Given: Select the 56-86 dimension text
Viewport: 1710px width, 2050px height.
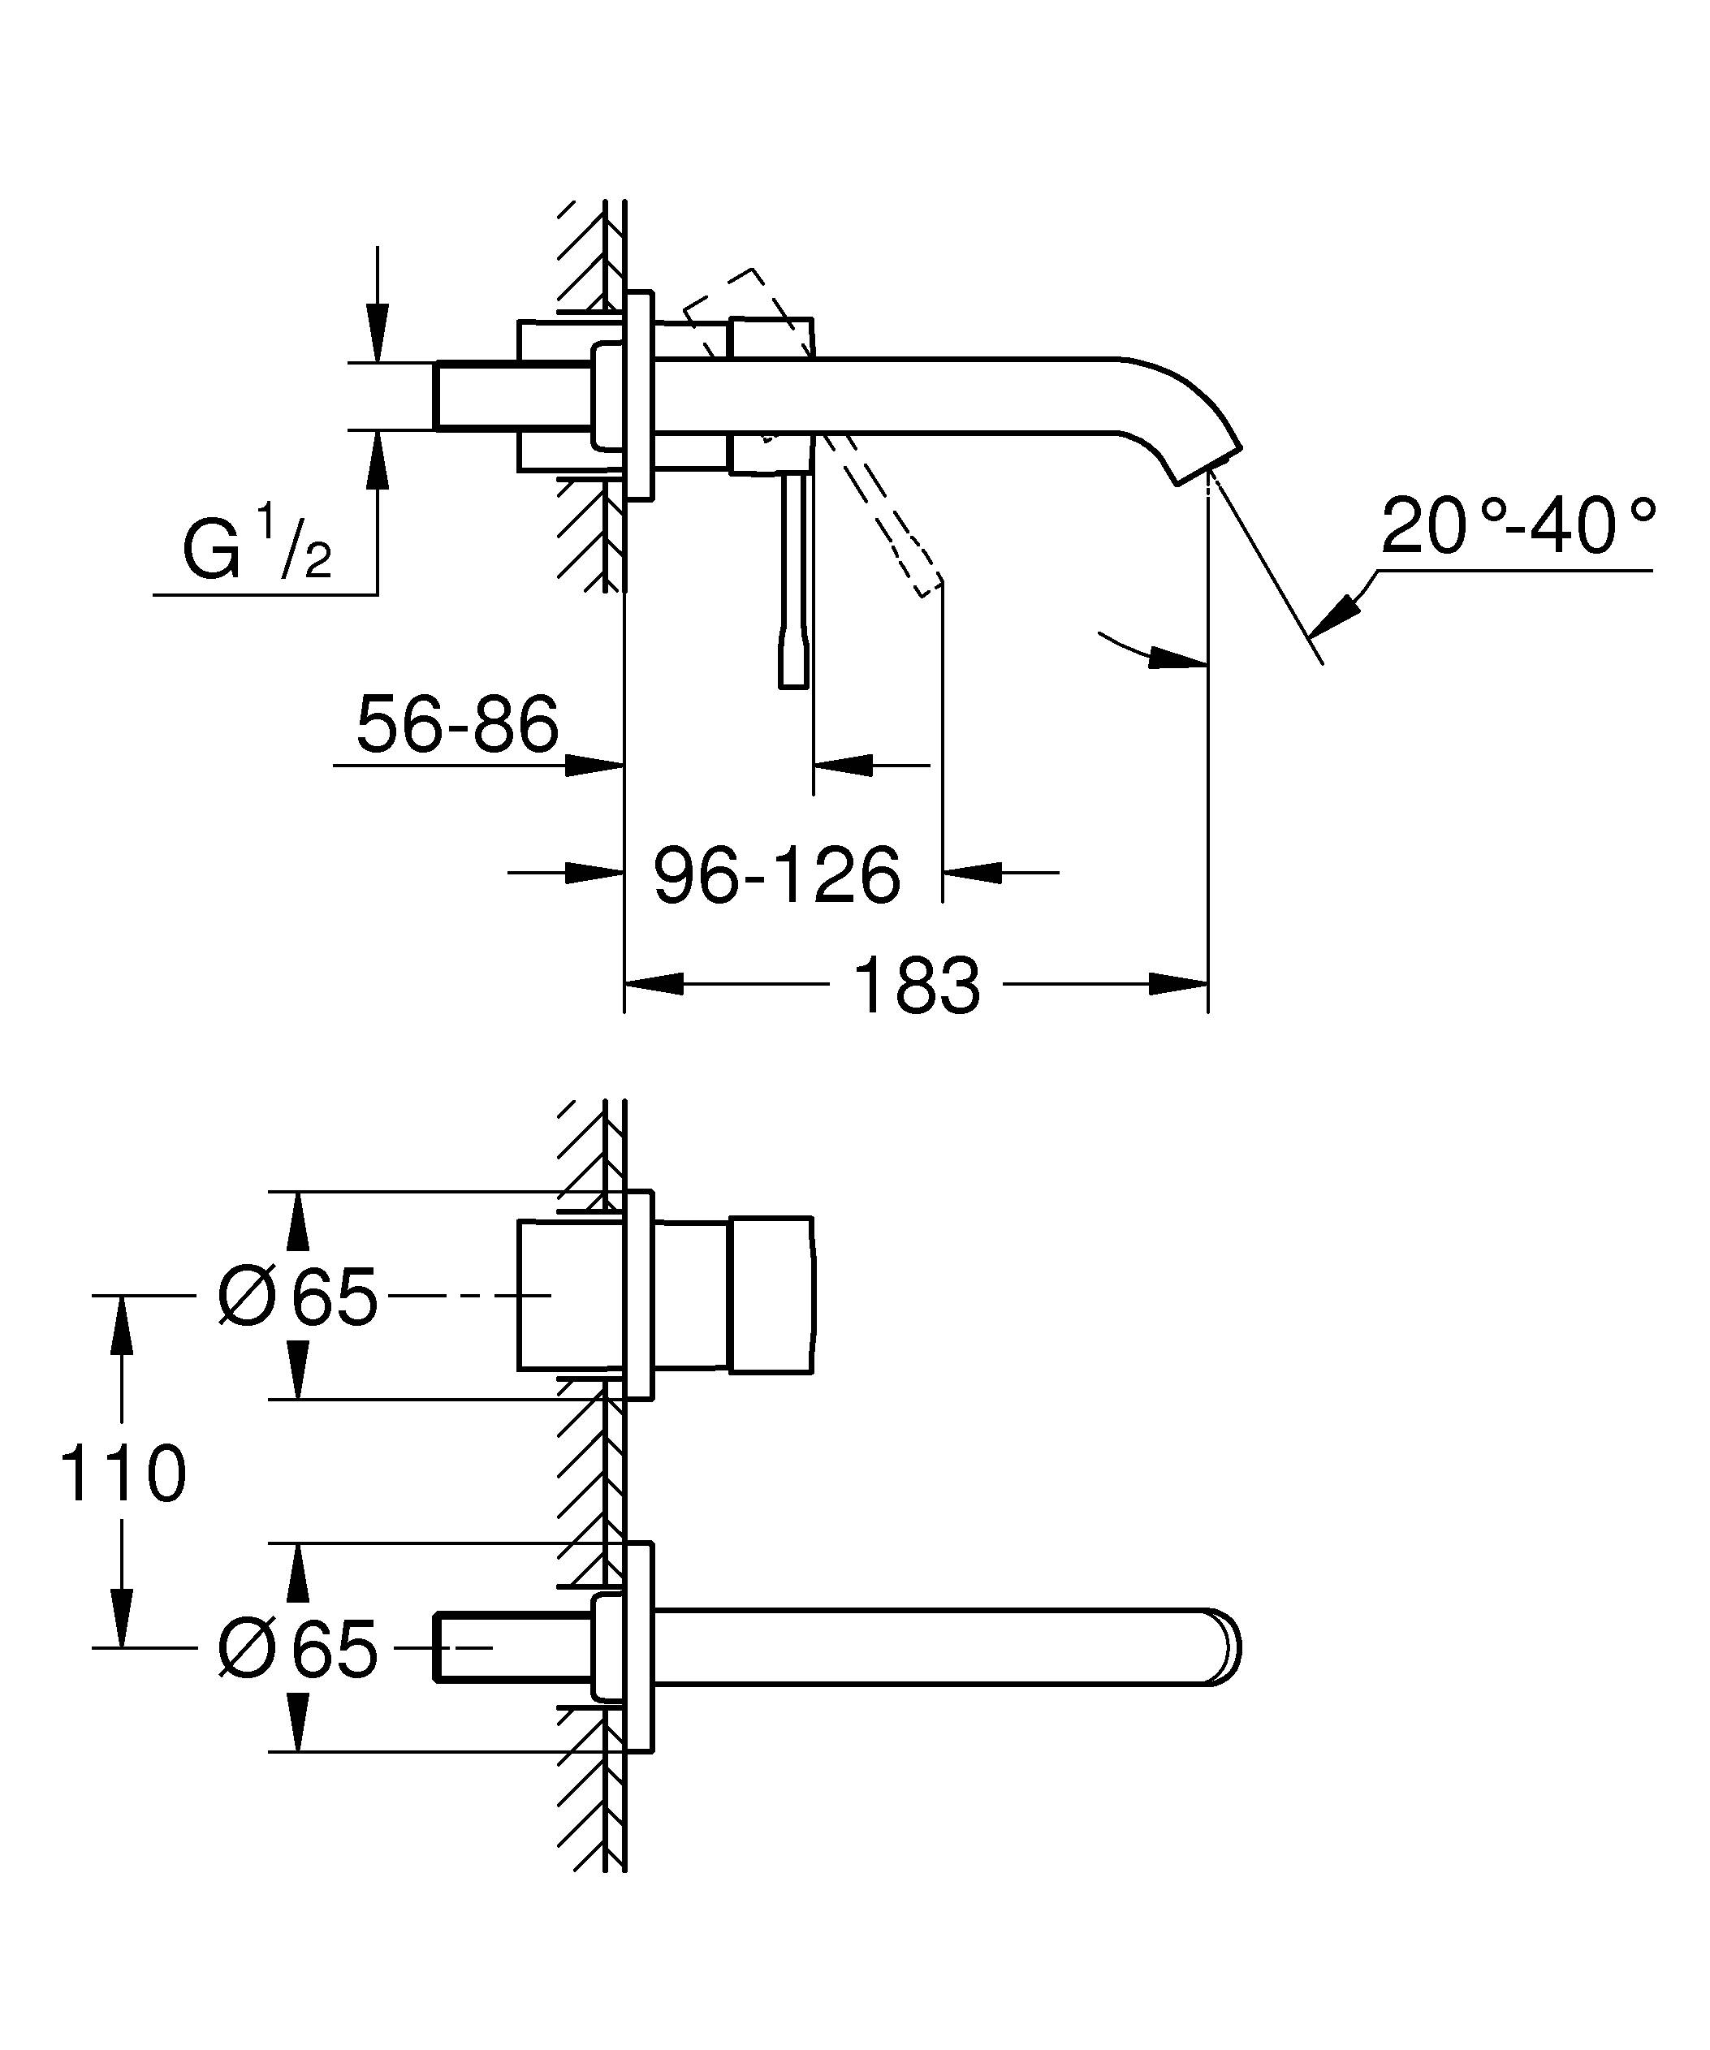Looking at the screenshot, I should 457,725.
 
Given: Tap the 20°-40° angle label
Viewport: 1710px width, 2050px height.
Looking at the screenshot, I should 1518,526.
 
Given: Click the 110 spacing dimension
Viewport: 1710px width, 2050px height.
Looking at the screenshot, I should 122,1474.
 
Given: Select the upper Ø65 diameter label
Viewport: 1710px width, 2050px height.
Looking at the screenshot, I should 298,1297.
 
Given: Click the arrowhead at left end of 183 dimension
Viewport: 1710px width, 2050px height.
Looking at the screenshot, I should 654,984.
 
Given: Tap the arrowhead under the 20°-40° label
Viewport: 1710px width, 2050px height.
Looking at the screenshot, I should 1337,616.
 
